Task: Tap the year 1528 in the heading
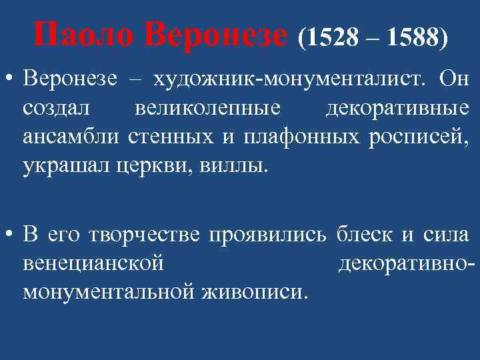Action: pyautogui.click(x=331, y=38)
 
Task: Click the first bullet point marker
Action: pyautogui.click(x=10, y=81)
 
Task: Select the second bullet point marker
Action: pyautogui.click(x=10, y=235)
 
